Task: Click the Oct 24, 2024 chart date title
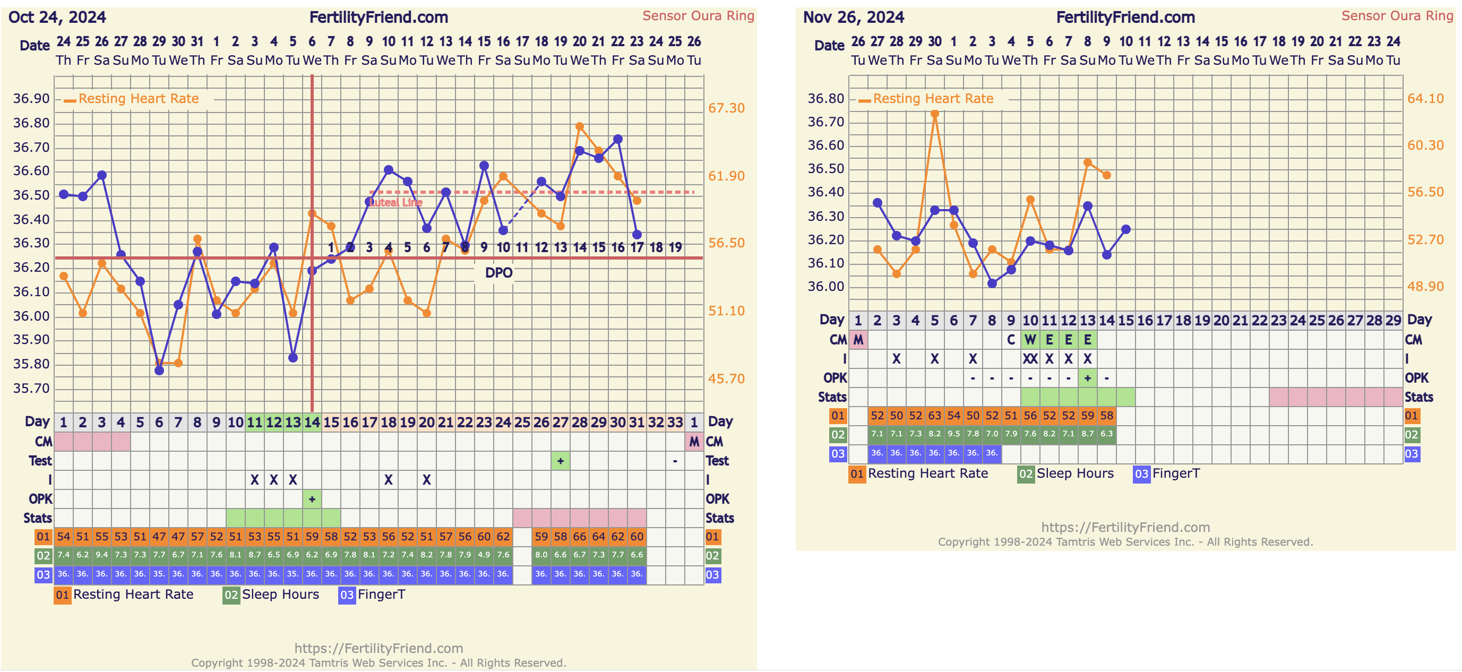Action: point(57,18)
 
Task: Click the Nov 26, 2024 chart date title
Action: point(853,18)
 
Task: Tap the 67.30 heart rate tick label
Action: point(726,108)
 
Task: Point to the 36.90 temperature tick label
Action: point(32,99)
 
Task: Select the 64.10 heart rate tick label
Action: point(1425,99)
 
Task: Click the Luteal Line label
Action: point(395,202)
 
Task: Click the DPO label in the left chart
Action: point(498,273)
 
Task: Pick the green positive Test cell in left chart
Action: point(560,461)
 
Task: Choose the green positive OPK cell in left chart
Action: point(312,499)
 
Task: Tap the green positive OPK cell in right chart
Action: point(1087,378)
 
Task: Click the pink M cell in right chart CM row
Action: point(858,340)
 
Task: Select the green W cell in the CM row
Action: point(1029,340)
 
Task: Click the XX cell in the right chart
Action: point(1029,359)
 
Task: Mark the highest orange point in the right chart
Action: point(934,114)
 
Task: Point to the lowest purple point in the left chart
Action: point(159,371)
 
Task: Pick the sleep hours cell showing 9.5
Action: point(953,434)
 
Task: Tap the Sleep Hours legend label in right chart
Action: point(1075,473)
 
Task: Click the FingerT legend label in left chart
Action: point(381,595)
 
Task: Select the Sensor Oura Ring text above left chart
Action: point(698,16)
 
